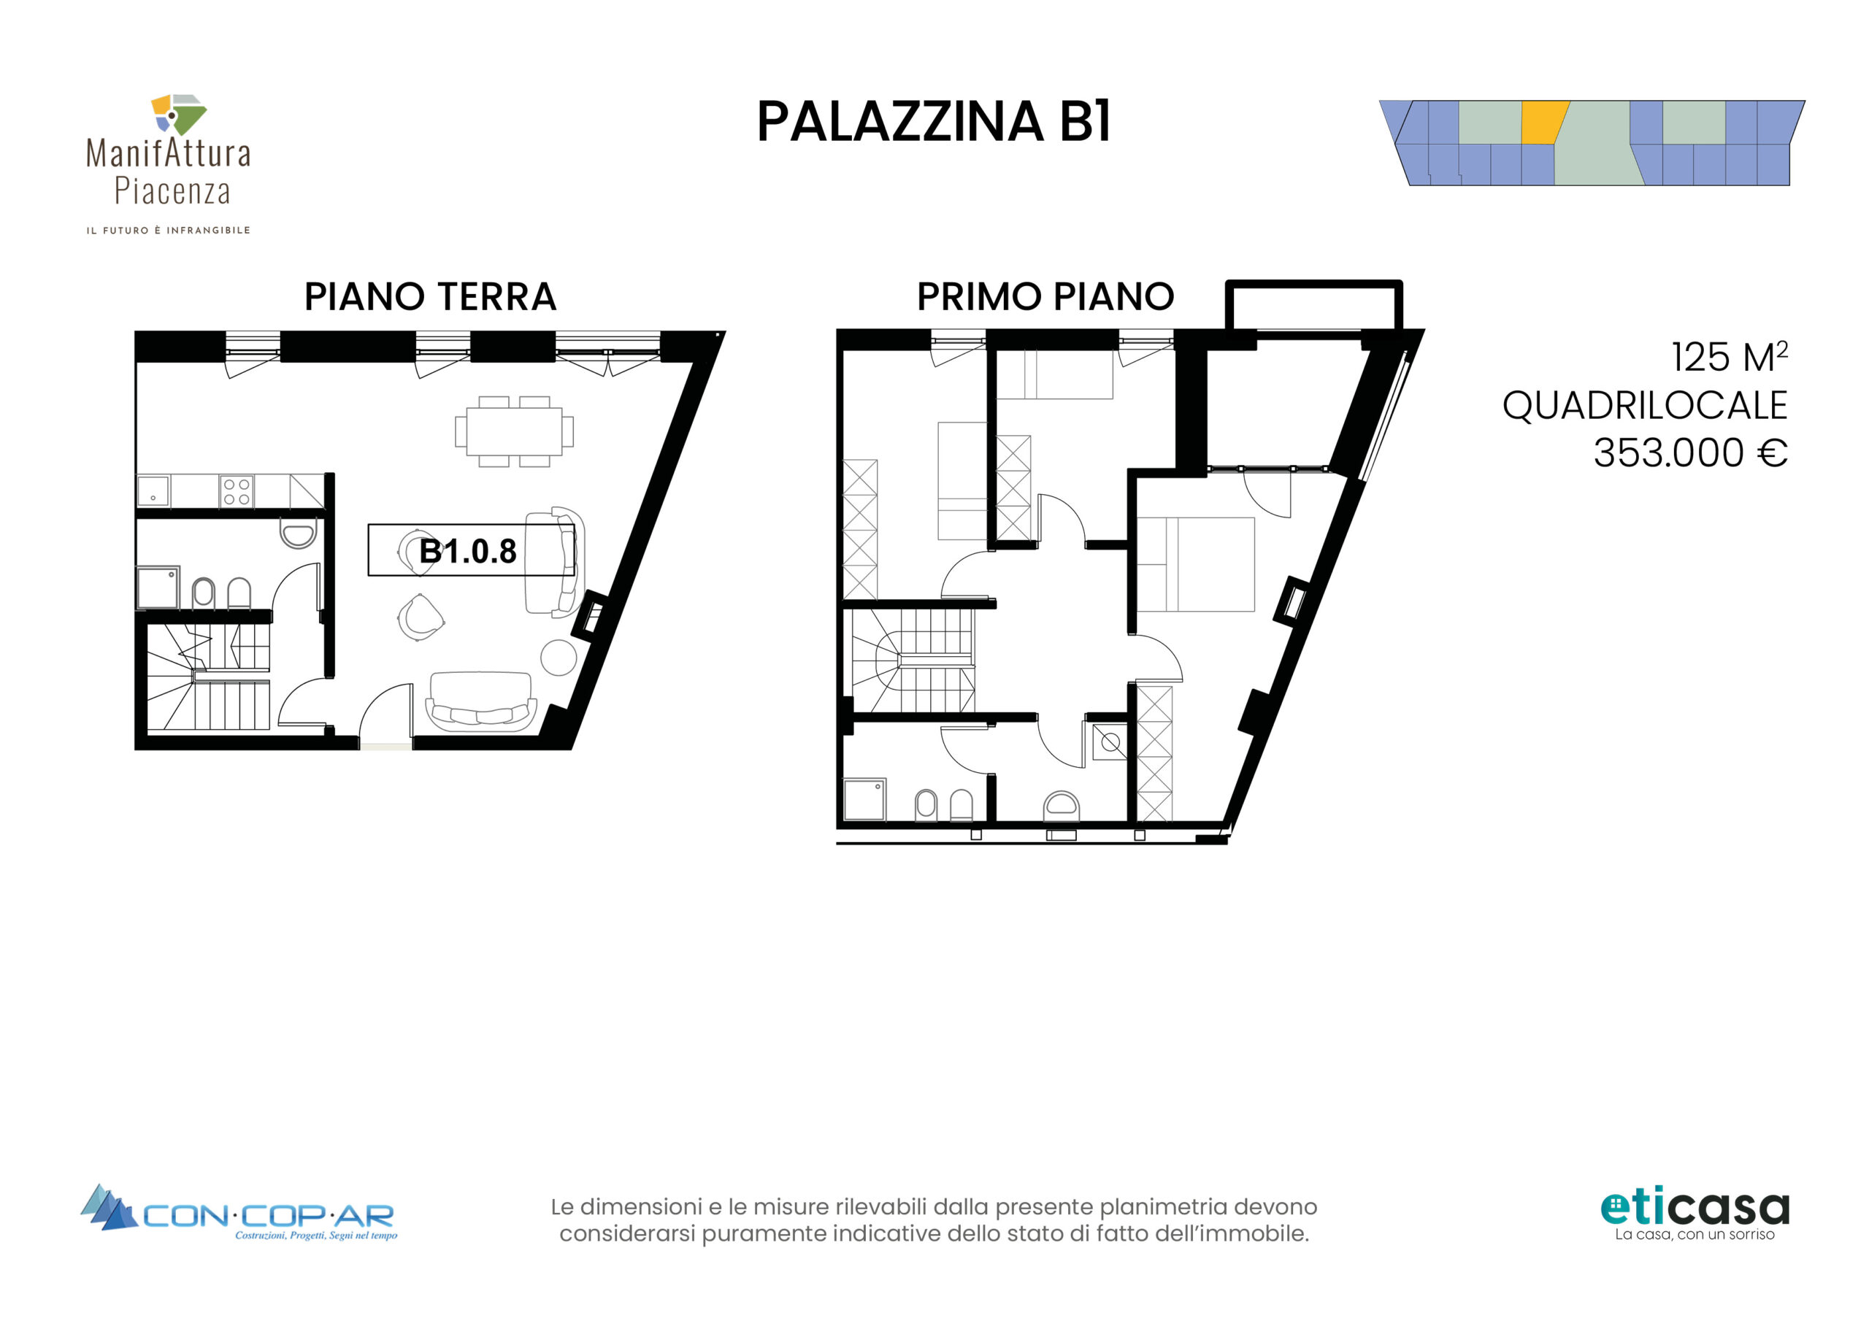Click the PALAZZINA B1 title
point(934,122)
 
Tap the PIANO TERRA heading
point(430,296)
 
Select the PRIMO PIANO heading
point(1045,296)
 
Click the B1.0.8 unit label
point(467,551)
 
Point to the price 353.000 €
point(1690,452)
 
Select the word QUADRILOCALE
point(1644,405)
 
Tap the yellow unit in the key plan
point(1543,122)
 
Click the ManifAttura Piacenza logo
point(169,163)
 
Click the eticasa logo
point(1695,1216)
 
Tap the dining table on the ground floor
point(514,431)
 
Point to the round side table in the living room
point(559,658)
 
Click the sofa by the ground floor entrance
point(481,701)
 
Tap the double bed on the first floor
point(1195,564)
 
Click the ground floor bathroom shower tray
point(158,588)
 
